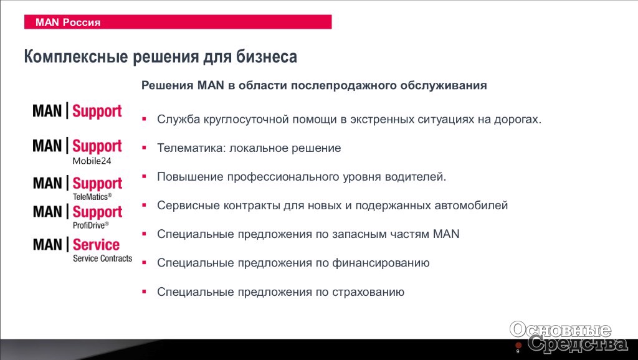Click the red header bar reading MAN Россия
178,22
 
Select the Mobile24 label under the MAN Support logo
92,161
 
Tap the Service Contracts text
103,258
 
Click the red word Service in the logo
97,245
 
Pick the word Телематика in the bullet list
191,148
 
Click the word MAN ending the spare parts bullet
446,234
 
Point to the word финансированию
381,263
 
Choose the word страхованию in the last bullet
368,292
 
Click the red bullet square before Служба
144,119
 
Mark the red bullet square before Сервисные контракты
144,205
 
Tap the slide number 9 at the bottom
518,351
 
